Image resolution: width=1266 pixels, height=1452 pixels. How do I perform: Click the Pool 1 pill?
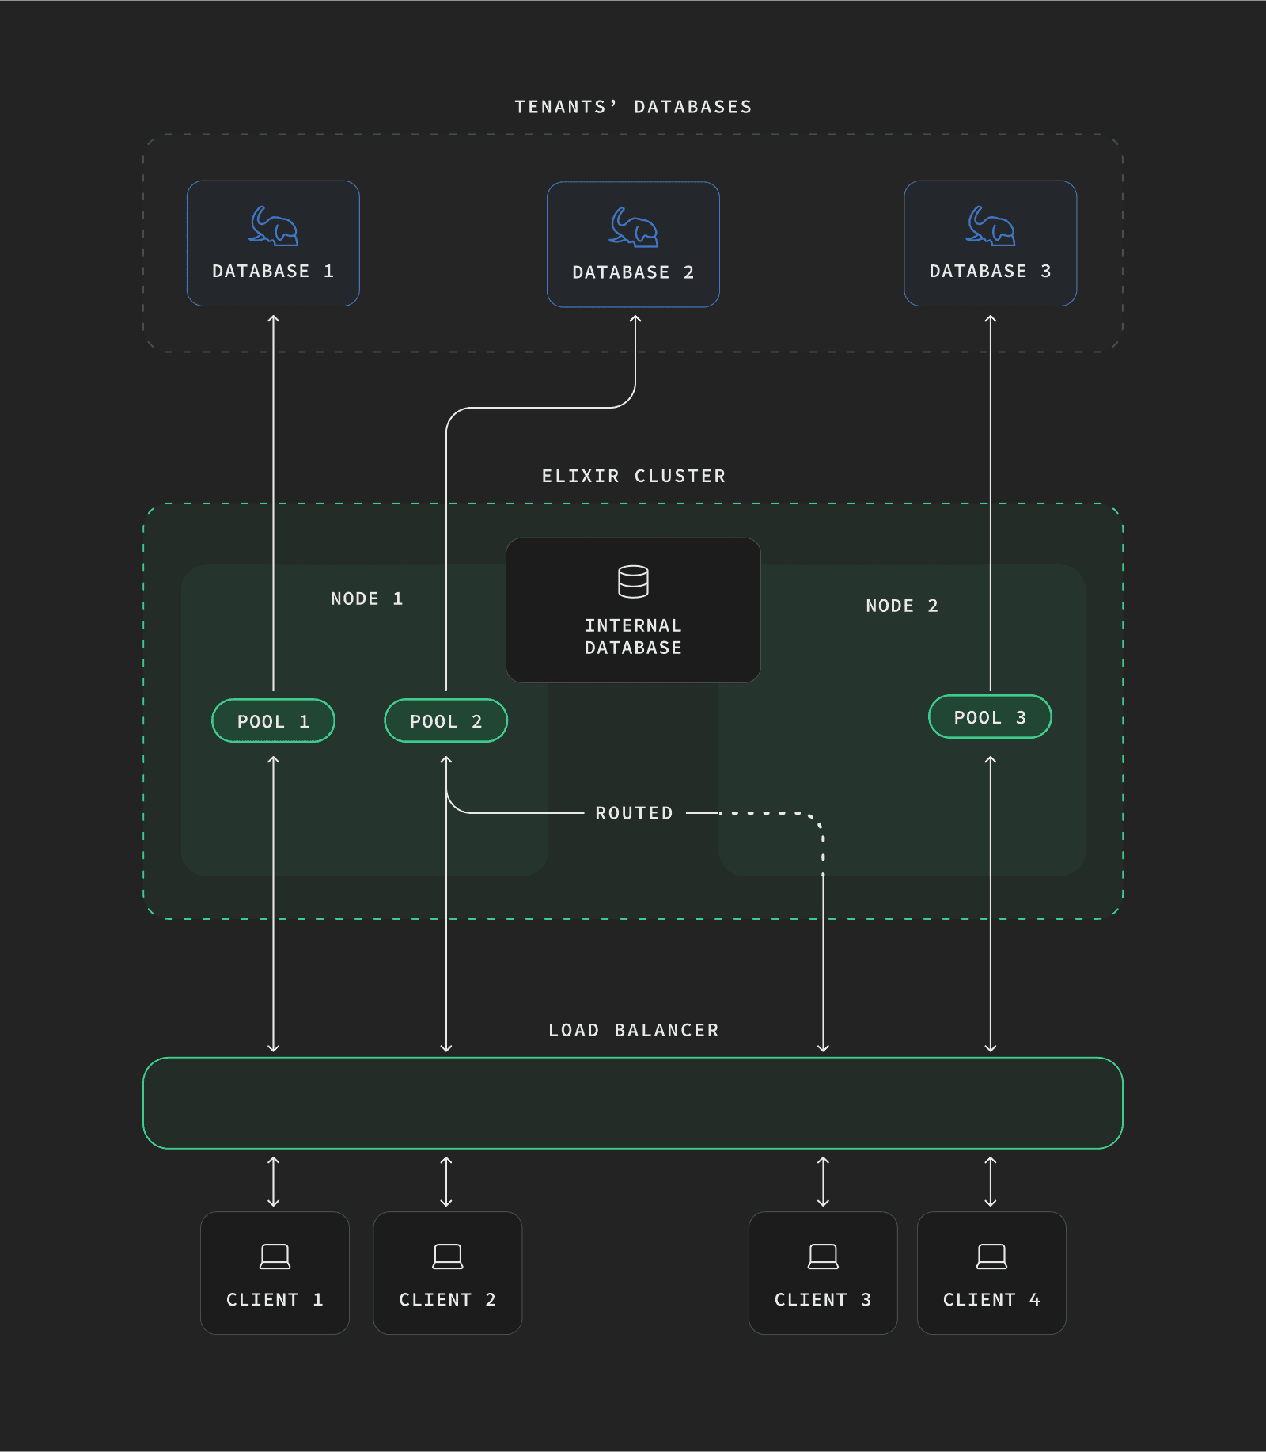(x=273, y=720)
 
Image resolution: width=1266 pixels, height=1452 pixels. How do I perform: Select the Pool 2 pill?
(x=445, y=720)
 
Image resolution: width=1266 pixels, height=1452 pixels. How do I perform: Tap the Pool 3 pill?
(x=989, y=716)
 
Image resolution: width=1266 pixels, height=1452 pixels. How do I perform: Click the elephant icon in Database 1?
(x=274, y=226)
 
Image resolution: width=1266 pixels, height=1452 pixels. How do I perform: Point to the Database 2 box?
(x=633, y=245)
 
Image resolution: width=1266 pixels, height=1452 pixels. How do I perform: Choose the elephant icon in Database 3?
(x=991, y=226)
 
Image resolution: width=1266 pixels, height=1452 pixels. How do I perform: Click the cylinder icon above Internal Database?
(x=633, y=581)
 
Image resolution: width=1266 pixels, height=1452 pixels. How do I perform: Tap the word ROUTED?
(x=634, y=813)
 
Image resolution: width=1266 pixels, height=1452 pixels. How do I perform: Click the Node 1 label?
(x=366, y=599)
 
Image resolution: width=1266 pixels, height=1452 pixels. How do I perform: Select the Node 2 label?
(x=901, y=606)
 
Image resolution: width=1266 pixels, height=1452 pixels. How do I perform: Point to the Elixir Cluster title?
(x=633, y=476)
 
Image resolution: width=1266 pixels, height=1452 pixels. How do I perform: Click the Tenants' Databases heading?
(x=633, y=107)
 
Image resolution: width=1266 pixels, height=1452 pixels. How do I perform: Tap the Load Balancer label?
(x=633, y=1030)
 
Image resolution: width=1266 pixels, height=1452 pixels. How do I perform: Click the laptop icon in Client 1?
(x=275, y=1256)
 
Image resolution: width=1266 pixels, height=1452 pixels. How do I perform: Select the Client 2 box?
(x=447, y=1272)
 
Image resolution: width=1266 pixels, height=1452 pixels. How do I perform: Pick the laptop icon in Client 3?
(x=823, y=1256)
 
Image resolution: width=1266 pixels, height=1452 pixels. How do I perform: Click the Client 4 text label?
(x=991, y=1299)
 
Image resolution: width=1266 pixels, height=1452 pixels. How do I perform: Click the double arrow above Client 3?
(x=823, y=1181)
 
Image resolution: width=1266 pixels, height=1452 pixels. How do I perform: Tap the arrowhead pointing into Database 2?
(x=635, y=319)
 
